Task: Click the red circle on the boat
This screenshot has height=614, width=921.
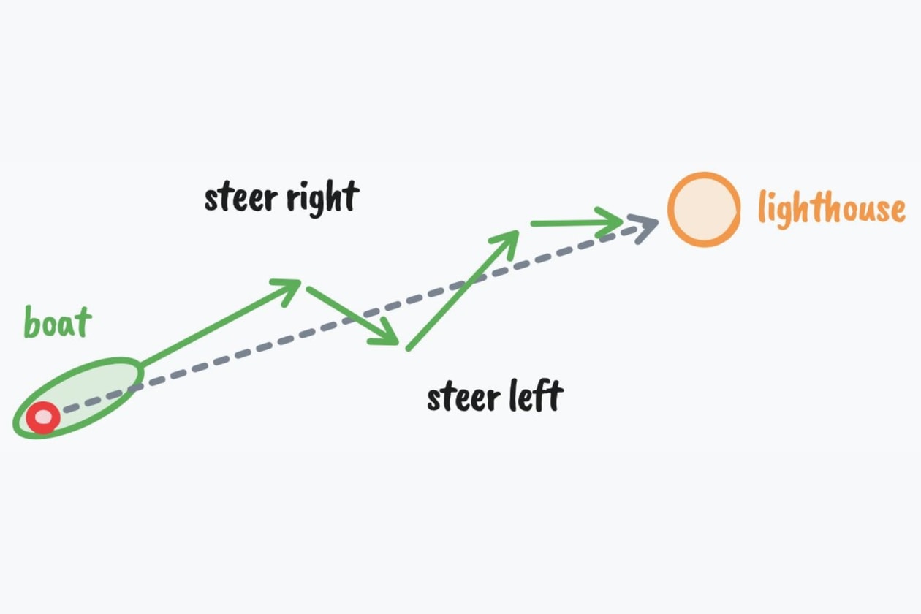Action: pyautogui.click(x=43, y=418)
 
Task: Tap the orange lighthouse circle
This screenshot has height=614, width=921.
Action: pyautogui.click(x=704, y=209)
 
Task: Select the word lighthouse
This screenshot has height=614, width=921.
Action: pyautogui.click(x=831, y=208)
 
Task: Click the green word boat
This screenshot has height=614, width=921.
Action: pyautogui.click(x=58, y=322)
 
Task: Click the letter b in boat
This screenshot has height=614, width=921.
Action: pyautogui.click(x=31, y=322)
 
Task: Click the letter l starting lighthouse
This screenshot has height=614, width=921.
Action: pyautogui.click(x=762, y=207)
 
